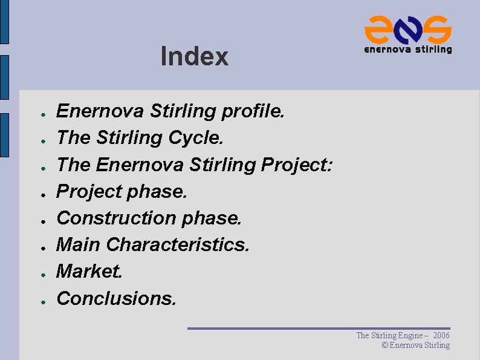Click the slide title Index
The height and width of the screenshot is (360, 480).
195,57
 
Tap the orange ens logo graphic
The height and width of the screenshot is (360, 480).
408,28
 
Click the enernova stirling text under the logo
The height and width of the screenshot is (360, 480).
408,49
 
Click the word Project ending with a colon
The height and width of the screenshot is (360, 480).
297,165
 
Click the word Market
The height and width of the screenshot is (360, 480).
89,271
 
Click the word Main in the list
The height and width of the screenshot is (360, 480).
79,244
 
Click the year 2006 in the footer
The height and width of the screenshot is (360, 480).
441,335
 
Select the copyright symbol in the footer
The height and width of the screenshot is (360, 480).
385,345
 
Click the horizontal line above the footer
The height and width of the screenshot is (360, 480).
319,329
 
